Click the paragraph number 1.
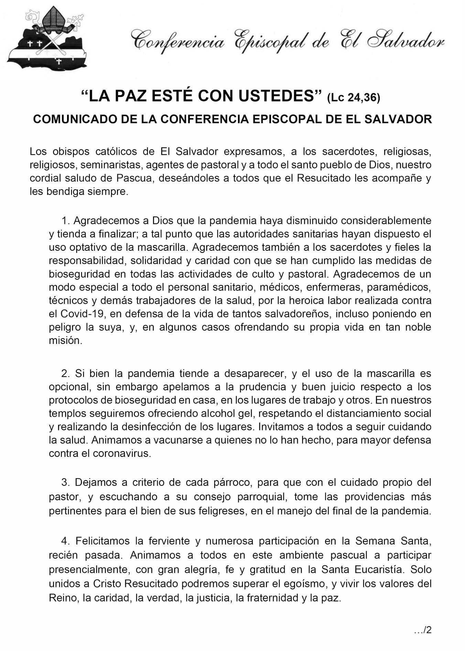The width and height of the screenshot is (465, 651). [x=65, y=221]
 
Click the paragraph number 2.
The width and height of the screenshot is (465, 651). [x=65, y=373]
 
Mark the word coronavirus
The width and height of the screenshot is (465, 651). [x=122, y=453]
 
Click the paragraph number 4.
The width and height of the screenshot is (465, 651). [x=65, y=541]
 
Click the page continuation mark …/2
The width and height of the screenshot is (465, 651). [x=423, y=630]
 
